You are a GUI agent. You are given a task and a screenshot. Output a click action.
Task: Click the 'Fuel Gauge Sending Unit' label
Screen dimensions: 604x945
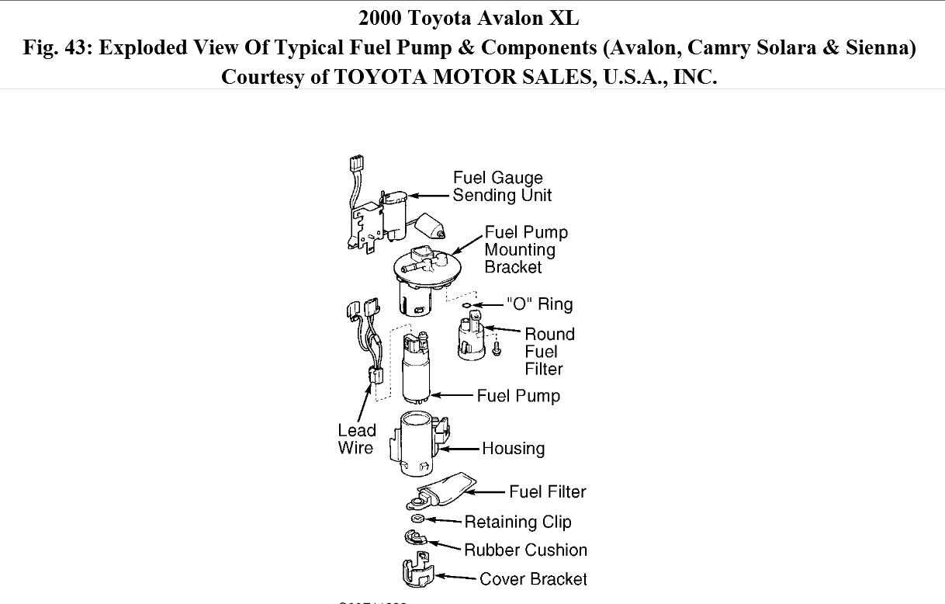[x=502, y=186]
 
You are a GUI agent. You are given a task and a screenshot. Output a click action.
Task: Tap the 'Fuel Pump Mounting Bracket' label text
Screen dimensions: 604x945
[x=526, y=249]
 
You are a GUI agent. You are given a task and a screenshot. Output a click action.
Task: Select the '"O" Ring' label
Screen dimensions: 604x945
[x=539, y=304]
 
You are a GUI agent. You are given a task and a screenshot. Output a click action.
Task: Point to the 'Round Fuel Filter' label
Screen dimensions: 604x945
[x=549, y=351]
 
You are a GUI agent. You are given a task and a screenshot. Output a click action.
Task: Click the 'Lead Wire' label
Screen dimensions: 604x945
[x=356, y=439]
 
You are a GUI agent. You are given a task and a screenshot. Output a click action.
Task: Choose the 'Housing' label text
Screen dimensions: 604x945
[x=513, y=448]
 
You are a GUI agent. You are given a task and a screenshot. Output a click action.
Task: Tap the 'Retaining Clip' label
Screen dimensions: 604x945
[x=517, y=522]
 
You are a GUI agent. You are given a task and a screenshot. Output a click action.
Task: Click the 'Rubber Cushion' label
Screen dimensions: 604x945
[x=525, y=550]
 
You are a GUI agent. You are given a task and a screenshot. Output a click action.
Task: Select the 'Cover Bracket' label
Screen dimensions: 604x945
[x=533, y=578]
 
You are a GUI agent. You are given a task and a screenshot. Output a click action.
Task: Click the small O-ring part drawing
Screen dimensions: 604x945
[x=466, y=305]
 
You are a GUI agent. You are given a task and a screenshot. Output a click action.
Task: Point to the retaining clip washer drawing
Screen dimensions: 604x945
[x=417, y=519]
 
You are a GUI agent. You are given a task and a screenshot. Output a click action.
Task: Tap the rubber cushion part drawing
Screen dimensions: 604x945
[x=414, y=536]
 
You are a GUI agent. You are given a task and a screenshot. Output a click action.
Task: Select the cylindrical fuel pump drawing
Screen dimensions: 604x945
[x=419, y=368]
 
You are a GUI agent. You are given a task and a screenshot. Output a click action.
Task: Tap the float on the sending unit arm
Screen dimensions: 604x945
[x=429, y=226]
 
